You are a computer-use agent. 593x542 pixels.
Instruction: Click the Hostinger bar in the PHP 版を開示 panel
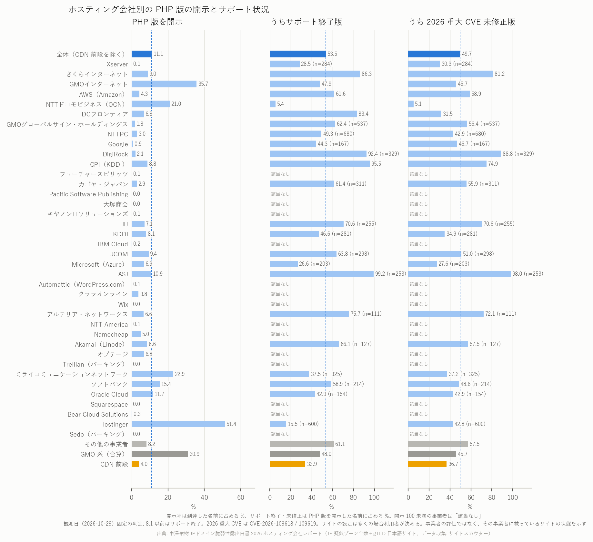pos(178,424)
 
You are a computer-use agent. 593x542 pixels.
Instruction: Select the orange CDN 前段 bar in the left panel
pos(135,464)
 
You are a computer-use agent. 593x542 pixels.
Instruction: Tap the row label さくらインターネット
pos(97,74)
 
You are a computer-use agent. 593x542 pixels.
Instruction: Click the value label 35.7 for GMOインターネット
pos(203,84)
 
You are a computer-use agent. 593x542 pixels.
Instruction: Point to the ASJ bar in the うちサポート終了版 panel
pos(322,274)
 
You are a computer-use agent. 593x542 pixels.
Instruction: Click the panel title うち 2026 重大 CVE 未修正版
pos(462,22)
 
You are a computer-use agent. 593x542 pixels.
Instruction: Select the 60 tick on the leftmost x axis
pos(240,498)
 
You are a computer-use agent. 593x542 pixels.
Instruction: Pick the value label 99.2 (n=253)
pos(390,274)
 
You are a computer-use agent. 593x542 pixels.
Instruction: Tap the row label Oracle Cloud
pos(109,394)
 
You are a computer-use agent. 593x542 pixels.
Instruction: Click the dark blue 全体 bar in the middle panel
pos(298,54)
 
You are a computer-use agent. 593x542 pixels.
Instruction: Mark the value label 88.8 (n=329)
pos(518,154)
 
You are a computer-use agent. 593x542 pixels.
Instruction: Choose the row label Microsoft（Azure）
pos(98,264)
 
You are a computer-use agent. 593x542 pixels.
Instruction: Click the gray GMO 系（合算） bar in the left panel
pos(160,454)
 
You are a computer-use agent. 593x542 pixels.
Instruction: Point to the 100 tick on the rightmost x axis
pos(512,498)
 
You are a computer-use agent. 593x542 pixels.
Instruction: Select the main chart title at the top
pos(169,9)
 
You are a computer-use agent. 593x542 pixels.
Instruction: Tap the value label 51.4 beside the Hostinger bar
pos(231,424)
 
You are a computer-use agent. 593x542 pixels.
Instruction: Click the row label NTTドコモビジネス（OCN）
pos(85,104)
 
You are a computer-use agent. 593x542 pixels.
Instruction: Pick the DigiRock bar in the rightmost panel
pos(455,154)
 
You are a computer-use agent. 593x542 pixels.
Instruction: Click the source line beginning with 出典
pos(324,533)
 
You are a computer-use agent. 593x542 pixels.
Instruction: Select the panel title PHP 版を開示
pos(157,22)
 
